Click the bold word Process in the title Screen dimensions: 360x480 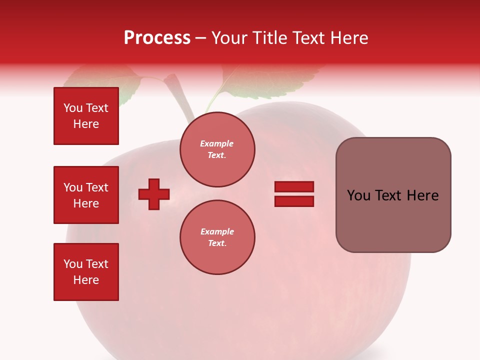[157, 38]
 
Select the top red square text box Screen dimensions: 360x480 [86, 116]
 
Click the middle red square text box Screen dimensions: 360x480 [86, 195]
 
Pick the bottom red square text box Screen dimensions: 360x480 [86, 272]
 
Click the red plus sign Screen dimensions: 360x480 [154, 194]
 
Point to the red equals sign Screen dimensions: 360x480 [294, 194]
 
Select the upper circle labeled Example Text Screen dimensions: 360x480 [217, 149]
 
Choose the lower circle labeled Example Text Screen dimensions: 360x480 [217, 237]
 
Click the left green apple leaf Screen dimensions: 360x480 [105, 82]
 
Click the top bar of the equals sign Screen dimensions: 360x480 [294, 187]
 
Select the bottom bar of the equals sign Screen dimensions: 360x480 [294, 201]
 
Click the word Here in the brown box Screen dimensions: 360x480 [422, 195]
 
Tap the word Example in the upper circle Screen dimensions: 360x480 [217, 143]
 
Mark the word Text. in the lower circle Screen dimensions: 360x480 [217, 243]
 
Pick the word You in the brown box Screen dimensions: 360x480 [358, 195]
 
